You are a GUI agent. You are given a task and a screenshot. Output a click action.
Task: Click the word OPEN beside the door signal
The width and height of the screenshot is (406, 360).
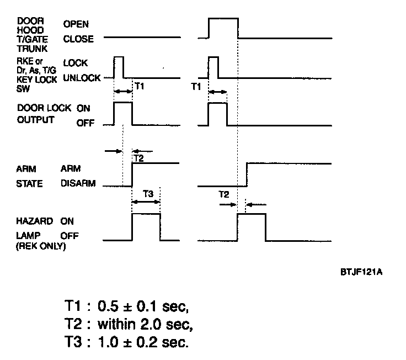click(76, 24)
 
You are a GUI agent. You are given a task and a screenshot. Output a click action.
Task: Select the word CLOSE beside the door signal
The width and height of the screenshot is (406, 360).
click(78, 39)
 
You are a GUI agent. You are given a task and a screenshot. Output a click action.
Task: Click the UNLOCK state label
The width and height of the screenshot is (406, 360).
click(82, 78)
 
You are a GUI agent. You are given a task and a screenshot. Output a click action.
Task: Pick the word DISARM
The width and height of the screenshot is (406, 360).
click(78, 184)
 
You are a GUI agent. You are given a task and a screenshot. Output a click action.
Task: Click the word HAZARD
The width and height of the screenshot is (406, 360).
click(29, 221)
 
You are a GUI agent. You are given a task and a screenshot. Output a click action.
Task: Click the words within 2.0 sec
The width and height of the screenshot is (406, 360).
click(145, 324)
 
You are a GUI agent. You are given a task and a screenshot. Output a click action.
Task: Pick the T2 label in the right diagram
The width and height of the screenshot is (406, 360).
click(223, 194)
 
